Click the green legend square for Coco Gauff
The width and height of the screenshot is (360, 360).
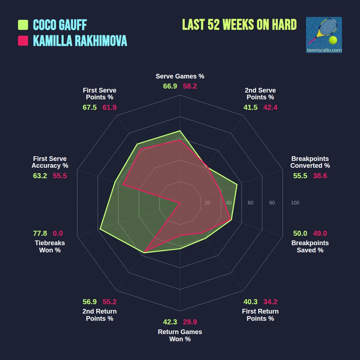[23, 25]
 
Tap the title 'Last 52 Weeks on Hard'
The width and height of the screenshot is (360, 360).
[239, 25]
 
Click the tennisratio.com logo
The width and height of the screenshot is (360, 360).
[324, 35]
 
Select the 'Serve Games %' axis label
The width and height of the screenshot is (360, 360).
[180, 76]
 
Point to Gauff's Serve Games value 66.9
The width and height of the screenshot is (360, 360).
[170, 86]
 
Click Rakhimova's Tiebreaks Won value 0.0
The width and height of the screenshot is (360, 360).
[58, 234]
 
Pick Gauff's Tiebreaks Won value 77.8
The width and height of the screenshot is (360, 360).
[40, 234]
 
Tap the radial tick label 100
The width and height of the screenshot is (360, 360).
[295, 203]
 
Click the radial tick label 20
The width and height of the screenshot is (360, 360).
[207, 203]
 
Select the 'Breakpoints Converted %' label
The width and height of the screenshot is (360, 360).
[310, 162]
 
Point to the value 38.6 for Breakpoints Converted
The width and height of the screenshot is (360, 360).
[320, 176]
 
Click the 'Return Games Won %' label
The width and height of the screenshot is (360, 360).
[180, 336]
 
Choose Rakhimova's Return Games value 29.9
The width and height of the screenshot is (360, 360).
[190, 322]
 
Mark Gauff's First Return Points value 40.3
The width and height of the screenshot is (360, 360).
[251, 302]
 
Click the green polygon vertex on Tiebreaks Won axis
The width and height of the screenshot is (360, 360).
[100, 229]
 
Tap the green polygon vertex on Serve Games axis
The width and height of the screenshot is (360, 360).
[180, 131]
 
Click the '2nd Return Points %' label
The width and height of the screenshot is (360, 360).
[100, 315]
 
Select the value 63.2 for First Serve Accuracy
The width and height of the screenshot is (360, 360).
[40, 176]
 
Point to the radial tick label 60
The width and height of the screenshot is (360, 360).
[251, 203]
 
